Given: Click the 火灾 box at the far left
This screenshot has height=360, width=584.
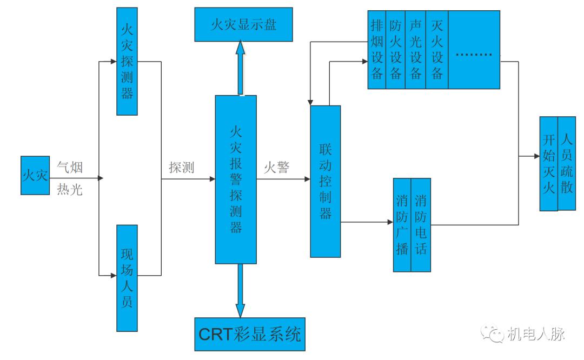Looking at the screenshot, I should coord(35,176).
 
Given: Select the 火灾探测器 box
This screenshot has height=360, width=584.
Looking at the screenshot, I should coord(127,61).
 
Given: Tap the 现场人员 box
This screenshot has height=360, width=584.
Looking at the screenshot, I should coord(127,278).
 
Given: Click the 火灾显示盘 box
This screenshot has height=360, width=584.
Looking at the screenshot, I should coord(243,24).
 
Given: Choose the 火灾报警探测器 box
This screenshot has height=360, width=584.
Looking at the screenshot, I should coord(236,179).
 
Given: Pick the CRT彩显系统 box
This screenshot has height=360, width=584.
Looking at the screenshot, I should coord(250,335).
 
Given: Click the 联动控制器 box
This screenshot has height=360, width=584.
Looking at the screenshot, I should coord(325,181).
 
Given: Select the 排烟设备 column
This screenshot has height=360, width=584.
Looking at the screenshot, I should coord(377,50).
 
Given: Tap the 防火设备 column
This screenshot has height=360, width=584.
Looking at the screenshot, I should coord(396,50).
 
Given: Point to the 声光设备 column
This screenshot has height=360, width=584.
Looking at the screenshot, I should coord(416,50).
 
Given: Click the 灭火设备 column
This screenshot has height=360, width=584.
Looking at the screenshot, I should coord(437,50).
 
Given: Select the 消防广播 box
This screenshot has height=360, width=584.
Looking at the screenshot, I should coord(402,225).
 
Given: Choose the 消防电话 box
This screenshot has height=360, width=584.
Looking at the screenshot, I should coord(421,225).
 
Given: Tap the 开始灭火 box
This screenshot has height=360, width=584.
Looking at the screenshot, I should coord(548,163).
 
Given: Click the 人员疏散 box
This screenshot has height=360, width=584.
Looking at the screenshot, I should coord(567,163).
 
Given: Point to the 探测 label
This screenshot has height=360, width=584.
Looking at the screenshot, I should coord(182,168).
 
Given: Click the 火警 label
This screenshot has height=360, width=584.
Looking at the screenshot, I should coord(276,168).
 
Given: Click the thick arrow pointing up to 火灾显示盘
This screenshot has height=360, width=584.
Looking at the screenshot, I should coord(240,68).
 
